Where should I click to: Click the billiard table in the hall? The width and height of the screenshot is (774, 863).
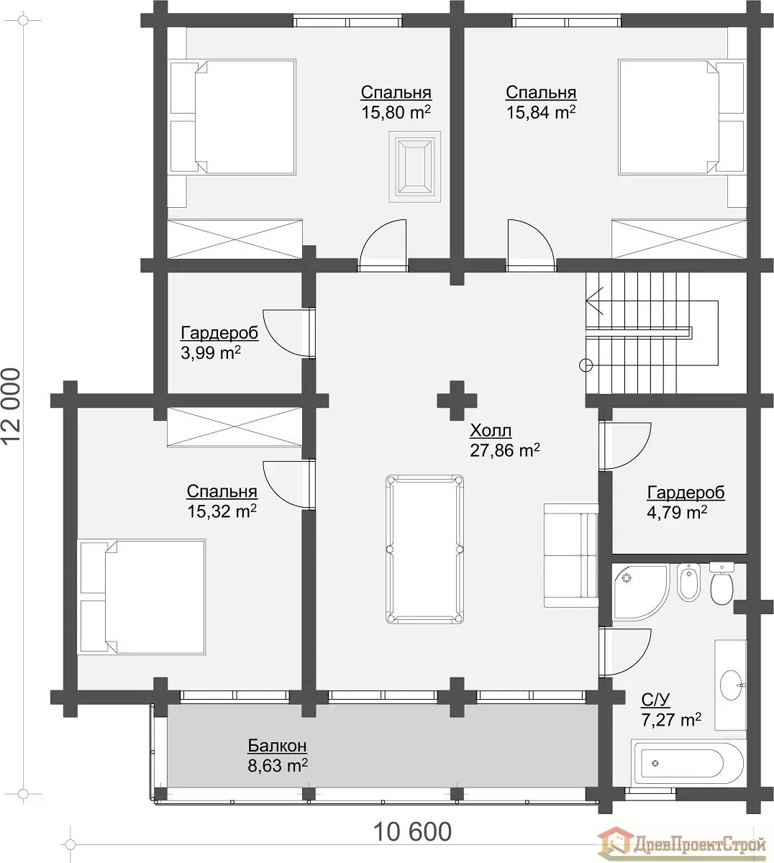click(x=424, y=549)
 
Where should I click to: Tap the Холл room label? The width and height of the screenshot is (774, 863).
click(x=491, y=431)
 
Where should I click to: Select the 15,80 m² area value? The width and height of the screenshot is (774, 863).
click(x=396, y=112)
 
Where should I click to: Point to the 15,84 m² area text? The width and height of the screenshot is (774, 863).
click(x=541, y=112)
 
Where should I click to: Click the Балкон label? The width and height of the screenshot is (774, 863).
click(x=277, y=746)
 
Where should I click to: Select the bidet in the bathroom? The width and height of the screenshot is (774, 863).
click(x=688, y=583)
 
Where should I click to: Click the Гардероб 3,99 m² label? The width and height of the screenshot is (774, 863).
click(x=219, y=342)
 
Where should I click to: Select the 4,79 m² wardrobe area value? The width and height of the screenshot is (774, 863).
click(x=678, y=512)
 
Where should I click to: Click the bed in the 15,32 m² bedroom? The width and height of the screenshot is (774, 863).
click(x=141, y=597)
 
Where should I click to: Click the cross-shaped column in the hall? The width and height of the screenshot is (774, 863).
click(x=457, y=401)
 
